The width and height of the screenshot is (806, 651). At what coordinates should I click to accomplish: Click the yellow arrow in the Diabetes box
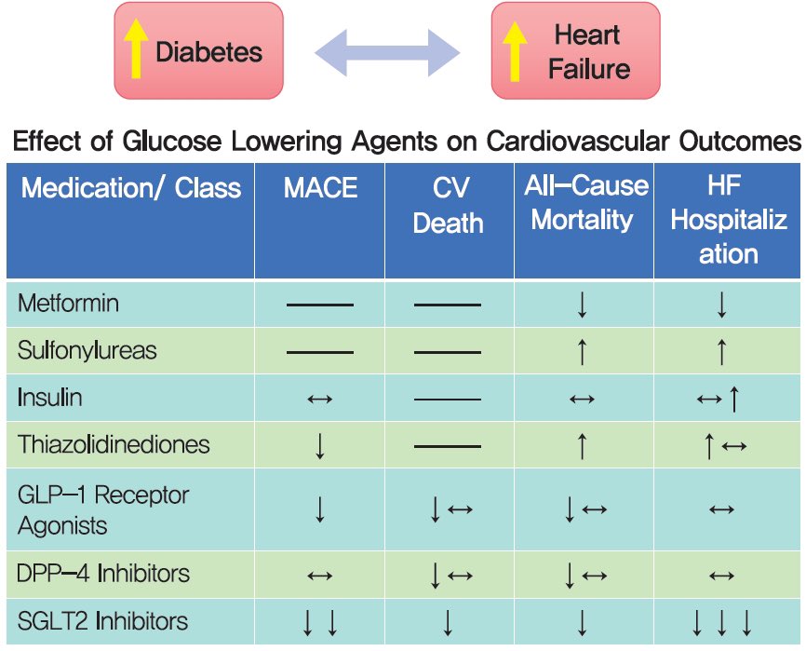point(135,50)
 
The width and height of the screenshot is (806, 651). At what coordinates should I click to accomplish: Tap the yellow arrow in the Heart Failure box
point(514,50)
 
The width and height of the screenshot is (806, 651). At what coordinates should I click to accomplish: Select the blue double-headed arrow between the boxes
point(387,52)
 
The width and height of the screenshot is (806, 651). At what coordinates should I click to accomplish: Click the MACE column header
point(320,188)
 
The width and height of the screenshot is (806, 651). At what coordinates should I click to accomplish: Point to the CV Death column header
point(449,206)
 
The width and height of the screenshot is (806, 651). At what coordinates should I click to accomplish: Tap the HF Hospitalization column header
point(729,220)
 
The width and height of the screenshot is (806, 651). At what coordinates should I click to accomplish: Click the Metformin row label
point(68,304)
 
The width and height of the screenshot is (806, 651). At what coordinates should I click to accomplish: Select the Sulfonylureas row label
point(87,350)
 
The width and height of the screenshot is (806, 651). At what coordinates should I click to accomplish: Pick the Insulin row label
point(49,398)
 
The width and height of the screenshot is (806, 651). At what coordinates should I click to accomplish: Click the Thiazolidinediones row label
point(114,444)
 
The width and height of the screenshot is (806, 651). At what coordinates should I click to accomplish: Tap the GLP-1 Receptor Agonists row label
point(102,509)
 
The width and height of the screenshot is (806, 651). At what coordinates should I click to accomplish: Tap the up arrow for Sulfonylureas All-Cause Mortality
point(582,352)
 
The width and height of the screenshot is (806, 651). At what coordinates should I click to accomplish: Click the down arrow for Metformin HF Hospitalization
point(721,305)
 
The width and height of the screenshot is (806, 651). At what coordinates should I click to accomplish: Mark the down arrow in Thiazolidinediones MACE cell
point(319,445)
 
